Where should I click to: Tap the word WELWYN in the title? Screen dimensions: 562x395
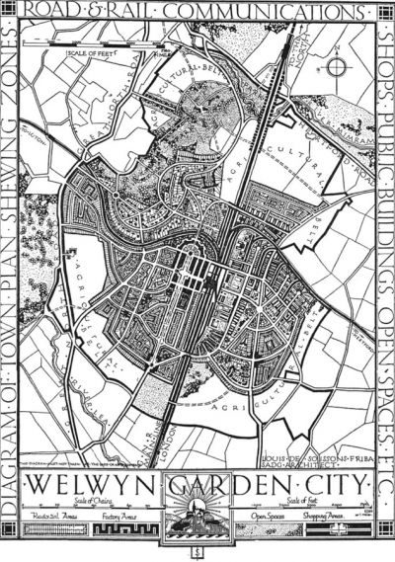click(x=86, y=486)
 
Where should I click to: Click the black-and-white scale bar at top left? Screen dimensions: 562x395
click(x=94, y=40)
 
